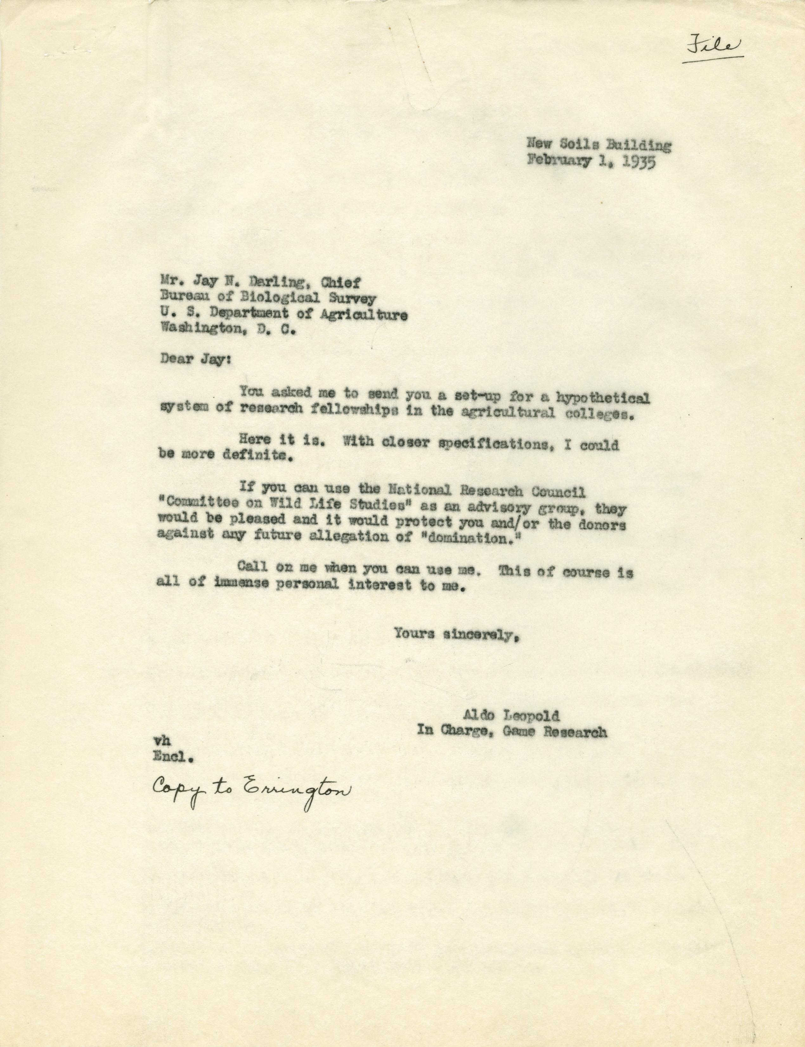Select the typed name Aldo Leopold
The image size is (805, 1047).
click(x=510, y=730)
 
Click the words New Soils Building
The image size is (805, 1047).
click(x=599, y=144)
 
